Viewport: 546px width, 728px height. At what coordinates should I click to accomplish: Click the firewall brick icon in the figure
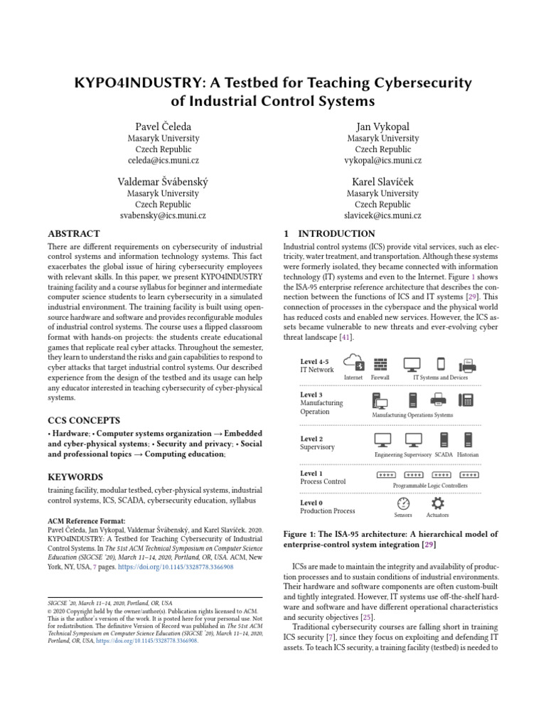point(380,365)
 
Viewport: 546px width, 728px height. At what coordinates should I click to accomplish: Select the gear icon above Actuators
point(437,503)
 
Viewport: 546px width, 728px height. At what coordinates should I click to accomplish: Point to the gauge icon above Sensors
point(403,503)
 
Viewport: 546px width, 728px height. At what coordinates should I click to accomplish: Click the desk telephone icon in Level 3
point(466,400)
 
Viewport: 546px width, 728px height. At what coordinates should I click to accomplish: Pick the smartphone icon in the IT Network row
point(441,364)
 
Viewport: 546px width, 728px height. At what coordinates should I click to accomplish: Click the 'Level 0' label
point(311,503)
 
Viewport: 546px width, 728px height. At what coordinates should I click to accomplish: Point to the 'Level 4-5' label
point(314,361)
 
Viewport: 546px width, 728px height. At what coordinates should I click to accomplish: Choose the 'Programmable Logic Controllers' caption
point(430,486)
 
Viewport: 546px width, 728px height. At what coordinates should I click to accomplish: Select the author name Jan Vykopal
point(383,127)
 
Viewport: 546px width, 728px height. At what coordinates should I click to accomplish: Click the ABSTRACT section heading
point(74,234)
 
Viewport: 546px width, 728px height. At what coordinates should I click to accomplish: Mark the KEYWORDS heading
point(75,477)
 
